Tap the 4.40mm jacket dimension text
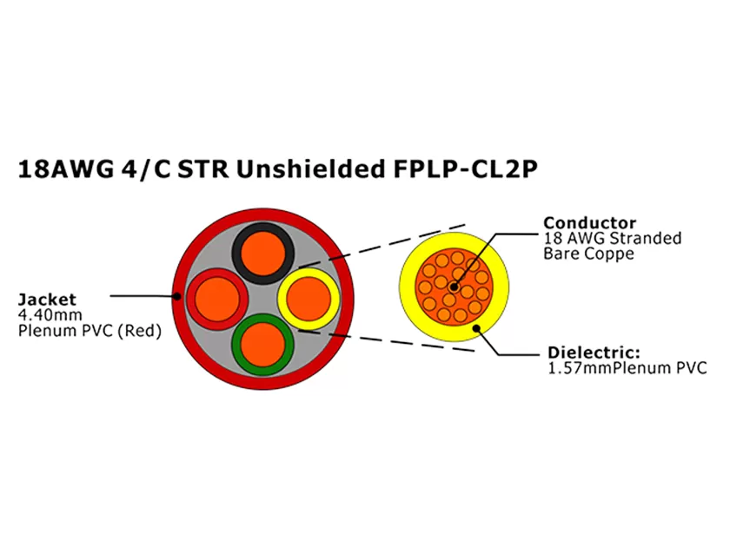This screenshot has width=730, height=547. (46, 315)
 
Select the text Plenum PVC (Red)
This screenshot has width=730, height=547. (90, 331)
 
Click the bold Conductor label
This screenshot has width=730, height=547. (589, 223)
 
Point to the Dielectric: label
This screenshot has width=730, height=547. (594, 353)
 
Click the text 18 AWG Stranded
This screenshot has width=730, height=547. (612, 239)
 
